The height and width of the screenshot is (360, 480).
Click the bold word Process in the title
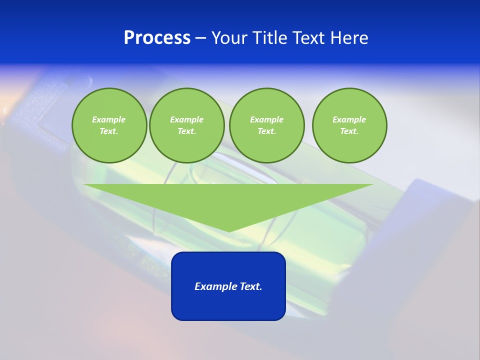point(157,38)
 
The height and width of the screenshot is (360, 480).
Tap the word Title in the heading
point(271,38)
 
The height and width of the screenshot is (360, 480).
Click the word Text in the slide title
point(310,38)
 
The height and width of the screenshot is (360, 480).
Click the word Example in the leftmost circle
point(109,119)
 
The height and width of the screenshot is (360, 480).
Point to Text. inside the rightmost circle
point(349,131)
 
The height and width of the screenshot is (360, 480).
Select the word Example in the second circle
point(186,119)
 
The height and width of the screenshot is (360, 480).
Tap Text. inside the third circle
point(266,131)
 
